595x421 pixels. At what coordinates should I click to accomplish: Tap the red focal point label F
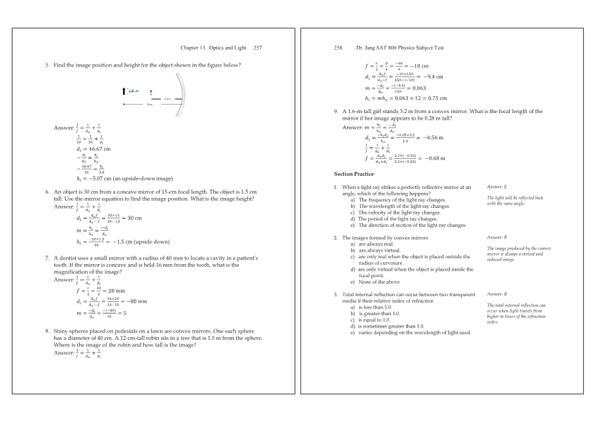[151, 91]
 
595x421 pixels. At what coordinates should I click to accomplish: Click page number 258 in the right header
[339, 48]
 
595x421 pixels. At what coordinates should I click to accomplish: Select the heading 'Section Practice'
[353, 175]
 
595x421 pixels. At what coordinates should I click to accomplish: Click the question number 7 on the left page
[47, 258]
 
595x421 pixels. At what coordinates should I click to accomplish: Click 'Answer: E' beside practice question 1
[498, 187]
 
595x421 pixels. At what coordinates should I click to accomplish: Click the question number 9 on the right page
[336, 111]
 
